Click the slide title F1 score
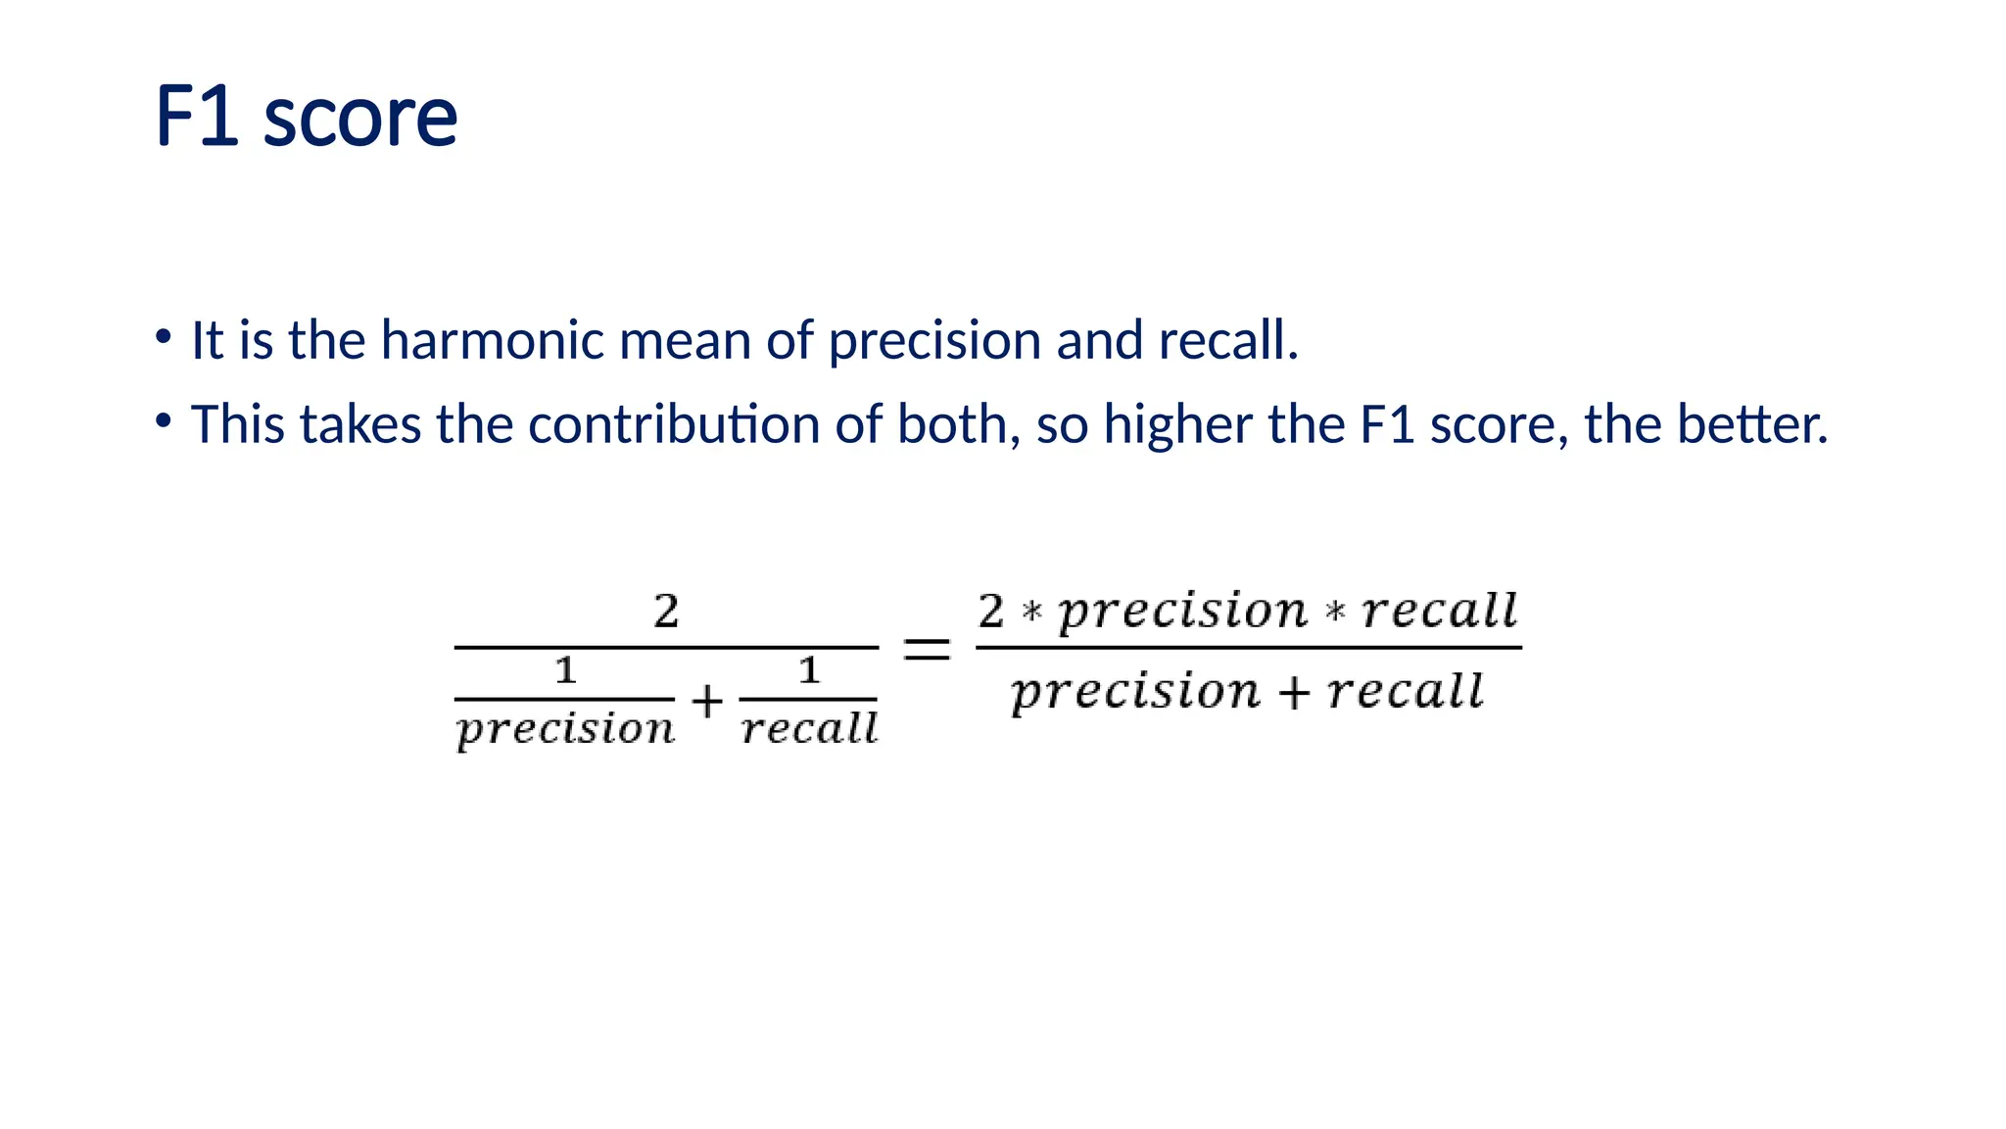[306, 117]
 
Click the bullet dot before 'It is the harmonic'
[164, 338]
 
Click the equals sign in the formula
[926, 649]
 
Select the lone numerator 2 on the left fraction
[666, 612]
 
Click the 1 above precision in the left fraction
[565, 671]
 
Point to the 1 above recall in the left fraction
[808, 671]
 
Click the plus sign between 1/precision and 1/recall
[706, 702]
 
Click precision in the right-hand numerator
[1183, 612]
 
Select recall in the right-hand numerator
[1439, 612]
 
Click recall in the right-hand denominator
[1406, 691]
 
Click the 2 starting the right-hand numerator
[991, 612]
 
